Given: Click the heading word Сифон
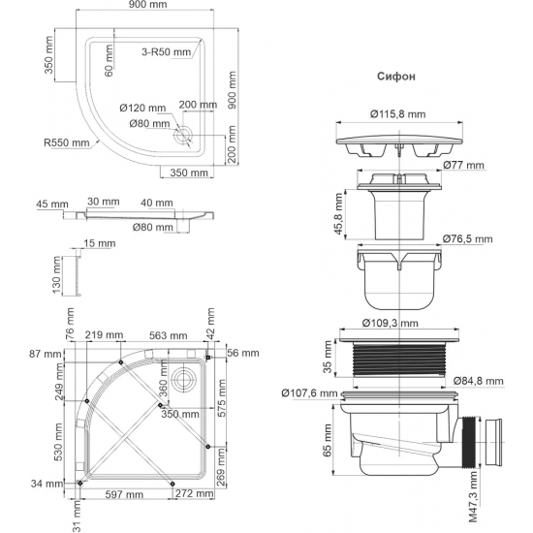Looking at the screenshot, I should point(392,76).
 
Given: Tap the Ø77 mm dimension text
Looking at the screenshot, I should point(468,166).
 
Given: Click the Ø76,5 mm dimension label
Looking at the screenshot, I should point(469,238).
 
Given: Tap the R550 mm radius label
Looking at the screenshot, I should point(66,141).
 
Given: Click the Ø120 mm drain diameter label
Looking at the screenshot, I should point(145,108).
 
